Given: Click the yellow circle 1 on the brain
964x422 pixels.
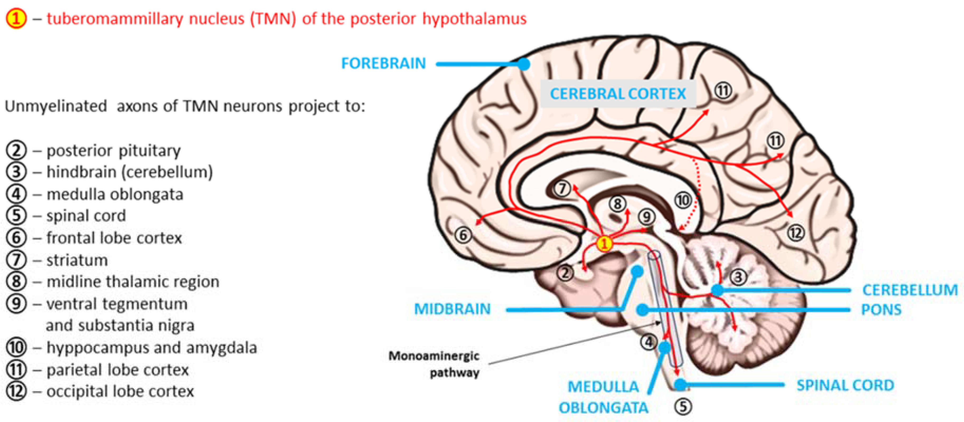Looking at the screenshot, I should (604, 244).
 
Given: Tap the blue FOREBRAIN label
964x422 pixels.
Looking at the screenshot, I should (384, 63).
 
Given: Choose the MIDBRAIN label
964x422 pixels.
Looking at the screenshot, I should (452, 309).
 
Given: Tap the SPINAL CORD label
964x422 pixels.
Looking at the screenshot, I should (845, 385).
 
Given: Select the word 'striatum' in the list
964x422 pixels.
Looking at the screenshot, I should (77, 260).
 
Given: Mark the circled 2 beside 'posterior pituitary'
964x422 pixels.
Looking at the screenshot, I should (16, 150).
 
